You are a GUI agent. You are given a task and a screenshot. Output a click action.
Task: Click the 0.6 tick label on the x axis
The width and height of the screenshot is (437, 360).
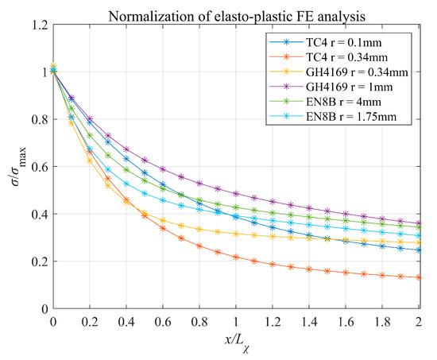click(x=163, y=323)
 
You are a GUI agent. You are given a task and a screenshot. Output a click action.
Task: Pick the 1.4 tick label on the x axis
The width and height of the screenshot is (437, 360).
click(x=309, y=323)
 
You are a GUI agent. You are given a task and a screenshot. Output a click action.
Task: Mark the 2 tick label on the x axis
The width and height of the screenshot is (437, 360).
click(x=419, y=323)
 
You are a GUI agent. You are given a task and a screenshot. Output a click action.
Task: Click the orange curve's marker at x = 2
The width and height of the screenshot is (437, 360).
click(x=419, y=277)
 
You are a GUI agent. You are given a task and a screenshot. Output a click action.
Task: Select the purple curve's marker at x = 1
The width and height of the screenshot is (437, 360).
click(x=236, y=194)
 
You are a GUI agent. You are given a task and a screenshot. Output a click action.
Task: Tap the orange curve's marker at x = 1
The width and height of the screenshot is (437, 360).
click(x=236, y=257)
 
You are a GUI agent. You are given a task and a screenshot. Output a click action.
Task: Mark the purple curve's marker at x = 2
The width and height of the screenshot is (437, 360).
click(x=419, y=223)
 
